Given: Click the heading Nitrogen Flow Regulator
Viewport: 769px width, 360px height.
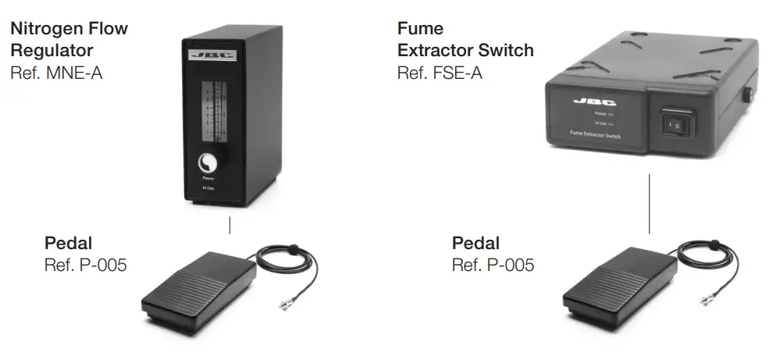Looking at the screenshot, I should [x=69, y=40].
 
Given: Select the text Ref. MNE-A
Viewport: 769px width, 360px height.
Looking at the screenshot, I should [x=56, y=73].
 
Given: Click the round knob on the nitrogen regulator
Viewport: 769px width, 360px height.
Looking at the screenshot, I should [x=208, y=162].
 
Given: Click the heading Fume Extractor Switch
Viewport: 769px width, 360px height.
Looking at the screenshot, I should [x=465, y=40].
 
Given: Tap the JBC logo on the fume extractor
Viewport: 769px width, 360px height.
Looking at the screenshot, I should [x=589, y=102].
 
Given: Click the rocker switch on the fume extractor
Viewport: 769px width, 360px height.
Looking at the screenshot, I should [x=677, y=123].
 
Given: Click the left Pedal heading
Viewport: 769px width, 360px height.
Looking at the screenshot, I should [x=68, y=243].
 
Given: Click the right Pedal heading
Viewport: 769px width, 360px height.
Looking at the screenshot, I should [x=475, y=243].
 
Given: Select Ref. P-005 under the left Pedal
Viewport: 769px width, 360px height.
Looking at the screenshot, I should [x=85, y=265].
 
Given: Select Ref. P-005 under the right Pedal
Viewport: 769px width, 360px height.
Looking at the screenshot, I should [x=493, y=265].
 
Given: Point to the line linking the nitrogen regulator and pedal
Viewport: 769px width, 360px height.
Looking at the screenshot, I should [x=230, y=226].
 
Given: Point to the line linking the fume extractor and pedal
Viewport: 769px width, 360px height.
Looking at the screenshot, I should [x=650, y=203].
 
